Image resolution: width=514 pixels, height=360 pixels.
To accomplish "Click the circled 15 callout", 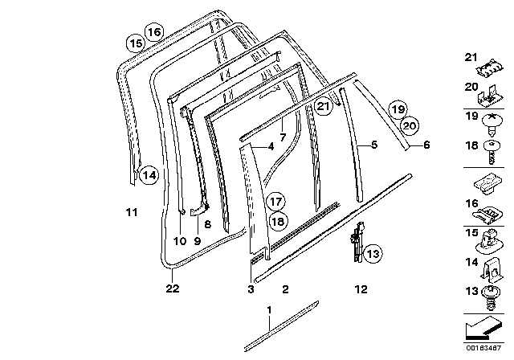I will click(136, 43).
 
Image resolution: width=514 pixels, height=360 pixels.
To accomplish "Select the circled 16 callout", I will click(153, 32).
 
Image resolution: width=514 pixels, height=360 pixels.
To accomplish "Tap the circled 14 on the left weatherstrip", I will click(146, 174).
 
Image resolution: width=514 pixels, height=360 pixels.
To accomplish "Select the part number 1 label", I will click(270, 309).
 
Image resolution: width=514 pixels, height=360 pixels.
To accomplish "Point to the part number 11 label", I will click(133, 212).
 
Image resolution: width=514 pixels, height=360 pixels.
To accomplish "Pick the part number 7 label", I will click(282, 127).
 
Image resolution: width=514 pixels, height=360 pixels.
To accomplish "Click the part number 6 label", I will click(426, 145).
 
